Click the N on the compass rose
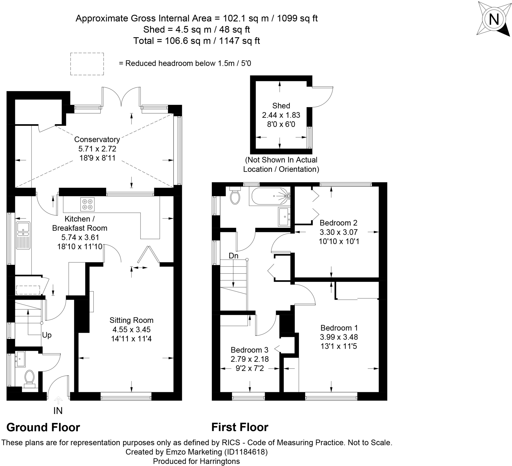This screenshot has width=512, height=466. [494, 19]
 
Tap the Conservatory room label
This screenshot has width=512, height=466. [97, 139]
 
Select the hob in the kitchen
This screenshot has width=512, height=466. [87, 204]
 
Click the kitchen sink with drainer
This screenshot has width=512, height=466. [23, 235]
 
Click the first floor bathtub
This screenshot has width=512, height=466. [270, 196]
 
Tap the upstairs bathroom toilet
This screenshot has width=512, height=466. [235, 197]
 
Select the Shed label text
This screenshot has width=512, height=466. [281, 106]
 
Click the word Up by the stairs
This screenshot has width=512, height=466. [47, 335]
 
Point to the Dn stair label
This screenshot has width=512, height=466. [233, 256]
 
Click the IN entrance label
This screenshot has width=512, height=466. [58, 411]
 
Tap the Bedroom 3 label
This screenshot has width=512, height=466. [249, 350]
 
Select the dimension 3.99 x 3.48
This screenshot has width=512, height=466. [339, 337]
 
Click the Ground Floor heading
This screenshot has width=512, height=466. [43, 427]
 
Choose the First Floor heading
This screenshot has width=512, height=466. [240, 427]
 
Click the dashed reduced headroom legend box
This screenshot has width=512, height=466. [87, 64]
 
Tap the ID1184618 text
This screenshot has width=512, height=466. [245, 452]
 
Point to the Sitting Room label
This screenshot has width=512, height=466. [131, 320]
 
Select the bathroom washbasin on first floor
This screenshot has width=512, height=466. [284, 216]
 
